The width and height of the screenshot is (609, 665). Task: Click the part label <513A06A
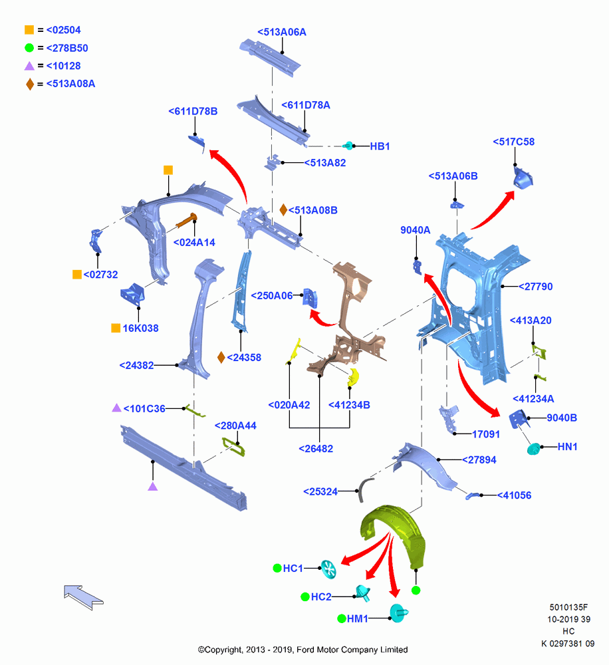pyautogui.click(x=282, y=32)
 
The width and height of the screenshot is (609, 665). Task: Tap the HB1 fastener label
pyautogui.click(x=380, y=146)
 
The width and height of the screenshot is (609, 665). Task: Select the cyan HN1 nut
pyautogui.click(x=533, y=449)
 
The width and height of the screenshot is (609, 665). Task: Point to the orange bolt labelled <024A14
pyautogui.click(x=186, y=220)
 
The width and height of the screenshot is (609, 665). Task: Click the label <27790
pyautogui.click(x=535, y=287)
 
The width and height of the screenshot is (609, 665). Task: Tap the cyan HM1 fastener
pyautogui.click(x=398, y=613)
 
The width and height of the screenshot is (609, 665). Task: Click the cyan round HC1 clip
pyautogui.click(x=328, y=569)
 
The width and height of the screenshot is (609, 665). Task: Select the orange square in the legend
pyautogui.click(x=29, y=30)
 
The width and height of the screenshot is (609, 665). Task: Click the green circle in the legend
pyautogui.click(x=29, y=48)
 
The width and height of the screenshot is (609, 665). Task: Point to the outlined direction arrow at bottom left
pyautogui.click(x=83, y=597)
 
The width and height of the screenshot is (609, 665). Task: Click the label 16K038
pyautogui.click(x=140, y=329)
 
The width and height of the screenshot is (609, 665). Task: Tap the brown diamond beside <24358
pyautogui.click(x=221, y=358)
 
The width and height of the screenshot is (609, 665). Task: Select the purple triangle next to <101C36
pyautogui.click(x=116, y=408)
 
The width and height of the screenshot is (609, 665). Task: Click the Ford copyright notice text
pyautogui.click(x=303, y=650)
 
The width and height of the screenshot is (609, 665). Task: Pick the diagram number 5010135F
pyautogui.click(x=568, y=607)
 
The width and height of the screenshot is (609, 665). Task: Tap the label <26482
pyautogui.click(x=316, y=449)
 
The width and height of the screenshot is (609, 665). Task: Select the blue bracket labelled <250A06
pyautogui.click(x=310, y=297)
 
